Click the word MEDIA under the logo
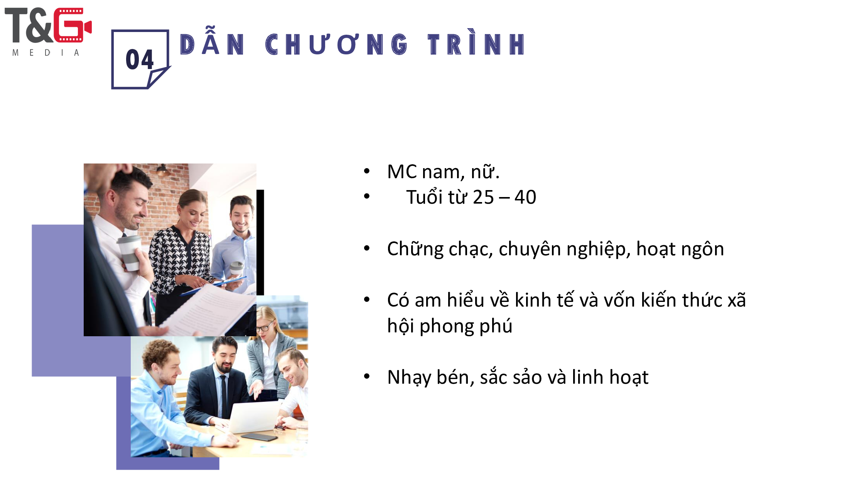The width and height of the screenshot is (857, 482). pos(46,52)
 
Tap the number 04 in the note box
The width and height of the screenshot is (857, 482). pos(139,60)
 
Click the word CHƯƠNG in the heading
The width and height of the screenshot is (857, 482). pos(336,44)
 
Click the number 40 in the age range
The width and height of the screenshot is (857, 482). pos(525,197)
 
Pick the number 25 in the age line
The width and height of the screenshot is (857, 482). pos(483,197)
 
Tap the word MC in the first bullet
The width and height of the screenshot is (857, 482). pos(402,172)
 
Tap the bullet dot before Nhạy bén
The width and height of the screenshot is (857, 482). pos(367,376)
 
